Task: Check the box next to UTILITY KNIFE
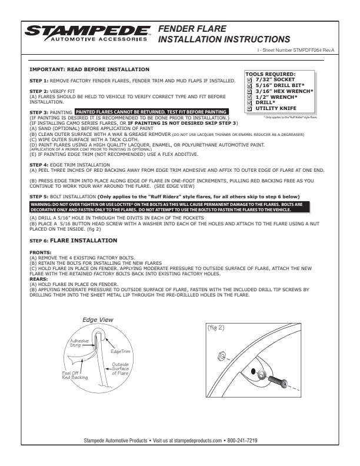tap(249, 108)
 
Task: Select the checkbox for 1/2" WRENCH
tap(249, 96)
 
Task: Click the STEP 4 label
tap(39, 164)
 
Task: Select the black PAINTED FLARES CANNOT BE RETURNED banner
tap(151, 111)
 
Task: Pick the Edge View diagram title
tap(98, 319)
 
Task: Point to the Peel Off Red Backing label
tap(75, 375)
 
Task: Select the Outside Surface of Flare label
tap(121, 369)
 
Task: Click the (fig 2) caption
tap(216, 328)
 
